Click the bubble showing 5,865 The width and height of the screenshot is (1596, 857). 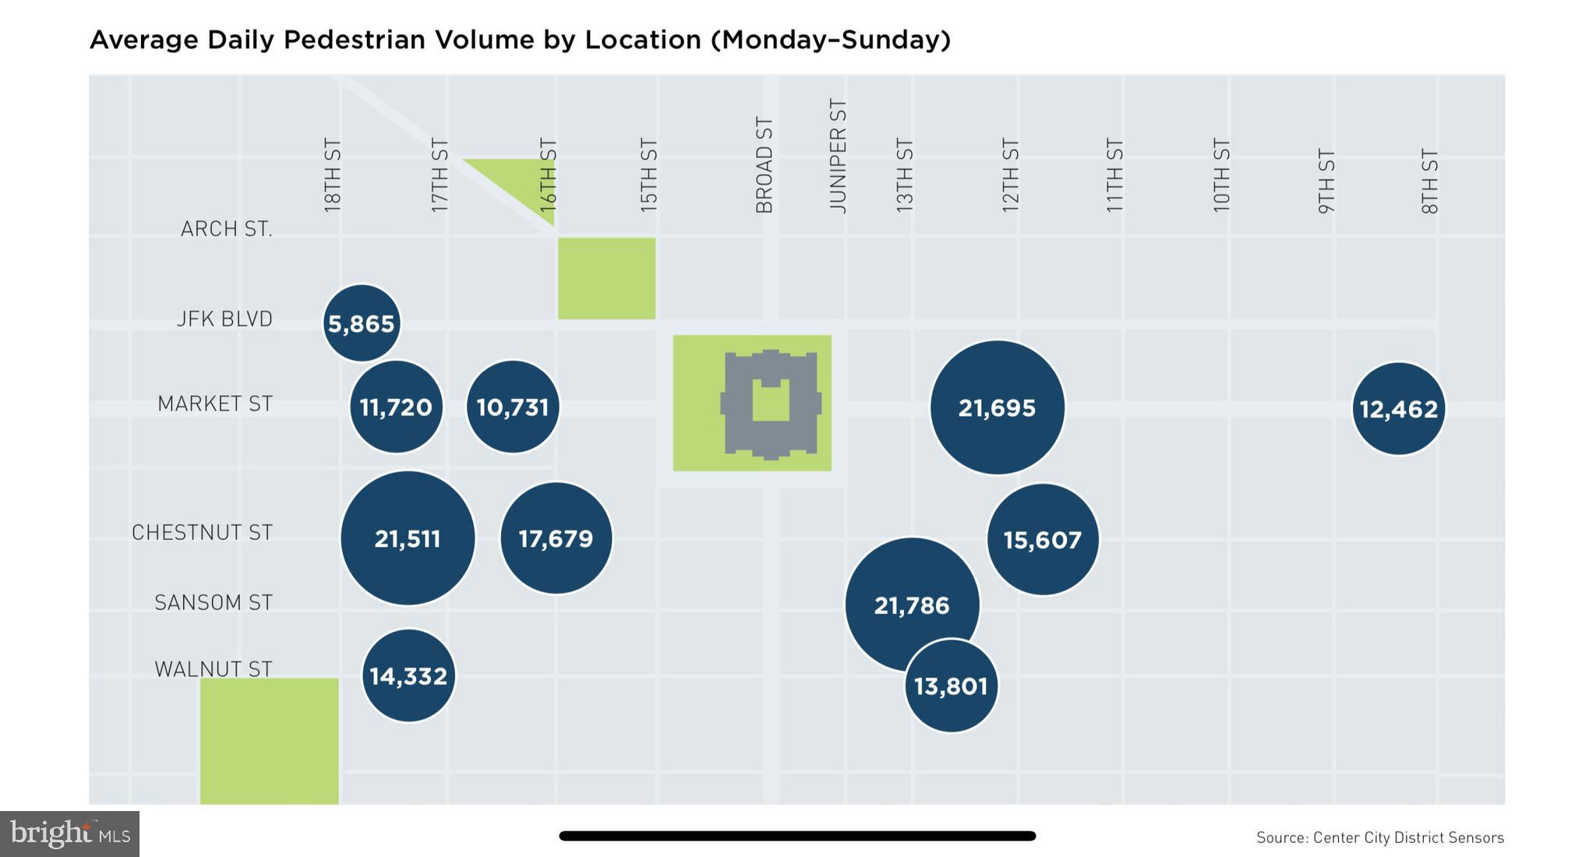[362, 323]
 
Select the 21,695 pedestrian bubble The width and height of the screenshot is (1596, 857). [997, 407]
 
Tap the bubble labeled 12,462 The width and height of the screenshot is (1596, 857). [1398, 408]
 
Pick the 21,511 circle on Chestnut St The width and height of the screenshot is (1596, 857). [408, 538]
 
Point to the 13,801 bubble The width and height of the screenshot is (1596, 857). [951, 686]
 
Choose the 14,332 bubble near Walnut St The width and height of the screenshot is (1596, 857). [408, 675]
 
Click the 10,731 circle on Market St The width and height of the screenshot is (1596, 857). [513, 407]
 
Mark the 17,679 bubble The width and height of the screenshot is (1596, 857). [556, 538]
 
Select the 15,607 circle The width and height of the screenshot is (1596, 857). [1043, 539]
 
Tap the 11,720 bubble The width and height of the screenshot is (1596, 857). [396, 407]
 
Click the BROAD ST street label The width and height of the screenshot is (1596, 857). [764, 165]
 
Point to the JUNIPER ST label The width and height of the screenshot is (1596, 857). [838, 156]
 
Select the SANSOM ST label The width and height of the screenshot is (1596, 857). [214, 602]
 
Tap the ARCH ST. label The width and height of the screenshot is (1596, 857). [226, 229]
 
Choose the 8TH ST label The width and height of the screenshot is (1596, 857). [1429, 182]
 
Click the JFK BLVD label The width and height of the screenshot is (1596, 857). [224, 319]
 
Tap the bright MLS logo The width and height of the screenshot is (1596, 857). [69, 834]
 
